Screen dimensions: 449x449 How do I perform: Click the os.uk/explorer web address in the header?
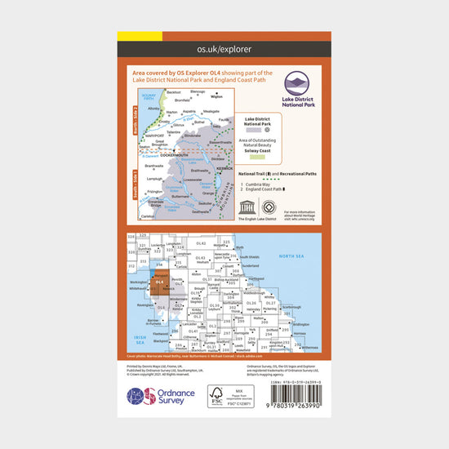(224, 49)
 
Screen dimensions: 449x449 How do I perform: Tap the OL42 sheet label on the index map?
(189, 244)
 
